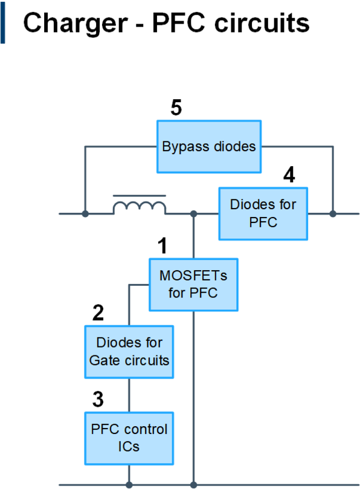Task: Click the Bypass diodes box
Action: click(x=209, y=146)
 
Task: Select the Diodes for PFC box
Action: click(x=263, y=213)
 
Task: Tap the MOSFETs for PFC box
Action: click(x=193, y=284)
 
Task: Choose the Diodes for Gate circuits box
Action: click(x=129, y=352)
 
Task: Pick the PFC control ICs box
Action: click(x=129, y=438)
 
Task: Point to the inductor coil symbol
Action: click(x=140, y=206)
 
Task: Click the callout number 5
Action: click(x=176, y=108)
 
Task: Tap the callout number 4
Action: click(x=289, y=175)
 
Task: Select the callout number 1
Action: click(x=162, y=245)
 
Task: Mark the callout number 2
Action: click(x=98, y=313)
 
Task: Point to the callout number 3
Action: click(x=98, y=400)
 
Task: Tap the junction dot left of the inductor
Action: click(x=85, y=213)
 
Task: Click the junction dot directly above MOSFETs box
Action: click(x=193, y=213)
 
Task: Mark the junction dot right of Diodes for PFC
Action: click(x=333, y=213)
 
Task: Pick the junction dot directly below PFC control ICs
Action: click(x=129, y=484)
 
